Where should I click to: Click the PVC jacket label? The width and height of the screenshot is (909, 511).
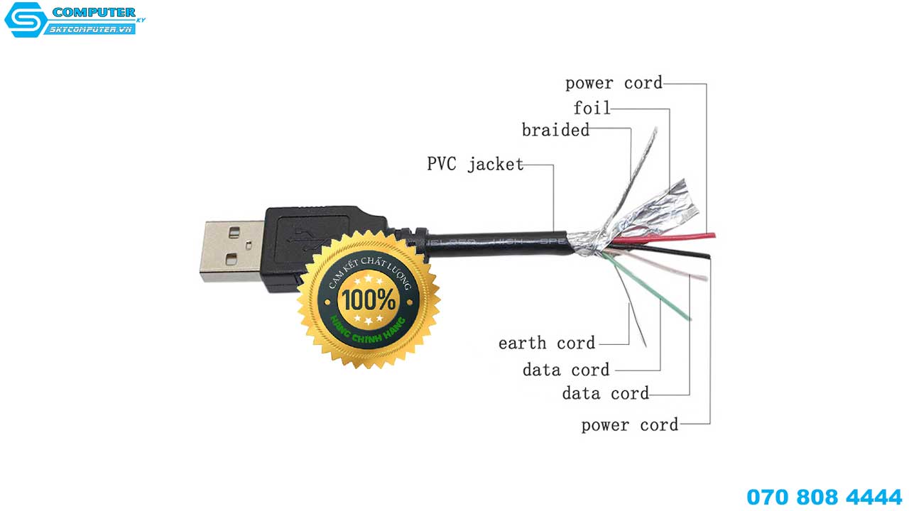(x=475, y=165)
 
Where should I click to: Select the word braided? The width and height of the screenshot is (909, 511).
(x=555, y=131)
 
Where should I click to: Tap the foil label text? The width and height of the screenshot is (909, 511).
(x=592, y=109)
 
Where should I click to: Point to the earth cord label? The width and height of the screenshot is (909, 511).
(x=547, y=344)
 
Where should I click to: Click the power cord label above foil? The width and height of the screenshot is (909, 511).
(x=614, y=83)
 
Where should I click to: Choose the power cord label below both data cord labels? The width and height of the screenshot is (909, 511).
(x=630, y=425)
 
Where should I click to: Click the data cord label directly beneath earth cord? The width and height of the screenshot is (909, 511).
(x=566, y=370)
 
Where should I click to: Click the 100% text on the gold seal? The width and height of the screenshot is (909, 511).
(x=367, y=299)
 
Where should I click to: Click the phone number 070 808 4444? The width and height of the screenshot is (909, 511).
(x=824, y=496)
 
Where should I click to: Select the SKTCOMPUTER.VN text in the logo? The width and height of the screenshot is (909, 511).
(x=90, y=29)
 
